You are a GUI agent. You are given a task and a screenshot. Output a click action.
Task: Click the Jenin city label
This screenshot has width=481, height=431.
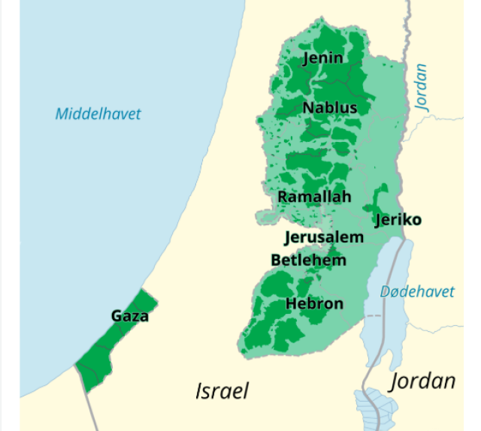click(322, 58)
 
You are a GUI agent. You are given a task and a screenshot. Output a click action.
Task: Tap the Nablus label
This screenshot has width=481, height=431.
click(329, 108)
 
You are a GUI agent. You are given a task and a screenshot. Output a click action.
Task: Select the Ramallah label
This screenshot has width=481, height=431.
click(314, 197)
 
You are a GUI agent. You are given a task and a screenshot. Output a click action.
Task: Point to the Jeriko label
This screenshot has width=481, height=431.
click(398, 220)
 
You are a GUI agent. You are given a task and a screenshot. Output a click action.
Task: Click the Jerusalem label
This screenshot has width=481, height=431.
click(324, 237)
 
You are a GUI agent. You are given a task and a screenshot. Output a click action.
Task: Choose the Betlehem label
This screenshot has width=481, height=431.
click(308, 261)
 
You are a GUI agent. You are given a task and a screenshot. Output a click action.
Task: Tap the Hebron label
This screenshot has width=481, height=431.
click(314, 303)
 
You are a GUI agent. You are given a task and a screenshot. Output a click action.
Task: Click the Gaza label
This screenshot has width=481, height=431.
click(130, 316)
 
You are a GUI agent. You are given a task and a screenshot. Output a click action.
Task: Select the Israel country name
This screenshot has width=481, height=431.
click(222, 391)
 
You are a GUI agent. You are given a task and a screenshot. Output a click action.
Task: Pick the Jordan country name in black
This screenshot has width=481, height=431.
click(422, 381)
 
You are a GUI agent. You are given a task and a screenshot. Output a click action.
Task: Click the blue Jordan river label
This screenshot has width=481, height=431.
click(422, 88)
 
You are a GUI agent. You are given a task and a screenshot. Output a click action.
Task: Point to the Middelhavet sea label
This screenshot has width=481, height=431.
click(98, 114)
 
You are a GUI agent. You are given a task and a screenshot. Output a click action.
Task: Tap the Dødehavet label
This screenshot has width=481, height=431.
click(417, 291)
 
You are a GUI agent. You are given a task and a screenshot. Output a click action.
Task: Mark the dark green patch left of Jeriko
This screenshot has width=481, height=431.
click(373, 203)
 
